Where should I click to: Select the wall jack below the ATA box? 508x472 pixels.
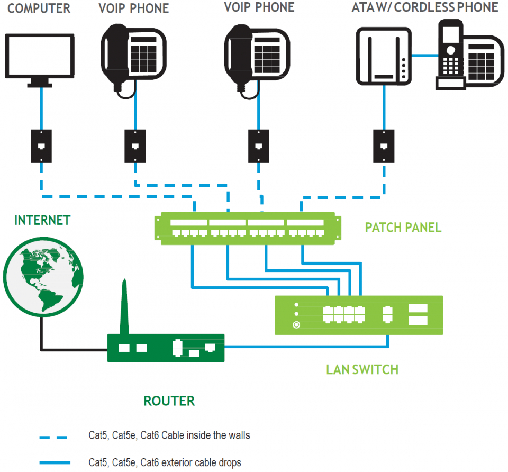coord(383,146)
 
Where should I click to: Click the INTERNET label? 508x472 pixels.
coord(42,221)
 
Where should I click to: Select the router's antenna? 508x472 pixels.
coord(124,307)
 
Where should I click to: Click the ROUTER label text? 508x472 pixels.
coord(169,401)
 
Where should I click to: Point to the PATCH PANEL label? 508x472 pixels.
coord(403,228)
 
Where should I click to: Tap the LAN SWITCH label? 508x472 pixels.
coord(362,369)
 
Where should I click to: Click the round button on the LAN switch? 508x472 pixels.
coord(297,325)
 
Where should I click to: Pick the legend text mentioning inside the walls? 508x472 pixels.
coord(169,436)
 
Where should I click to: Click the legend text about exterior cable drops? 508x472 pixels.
coord(165,462)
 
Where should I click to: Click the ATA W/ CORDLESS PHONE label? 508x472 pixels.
coord(425,7)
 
